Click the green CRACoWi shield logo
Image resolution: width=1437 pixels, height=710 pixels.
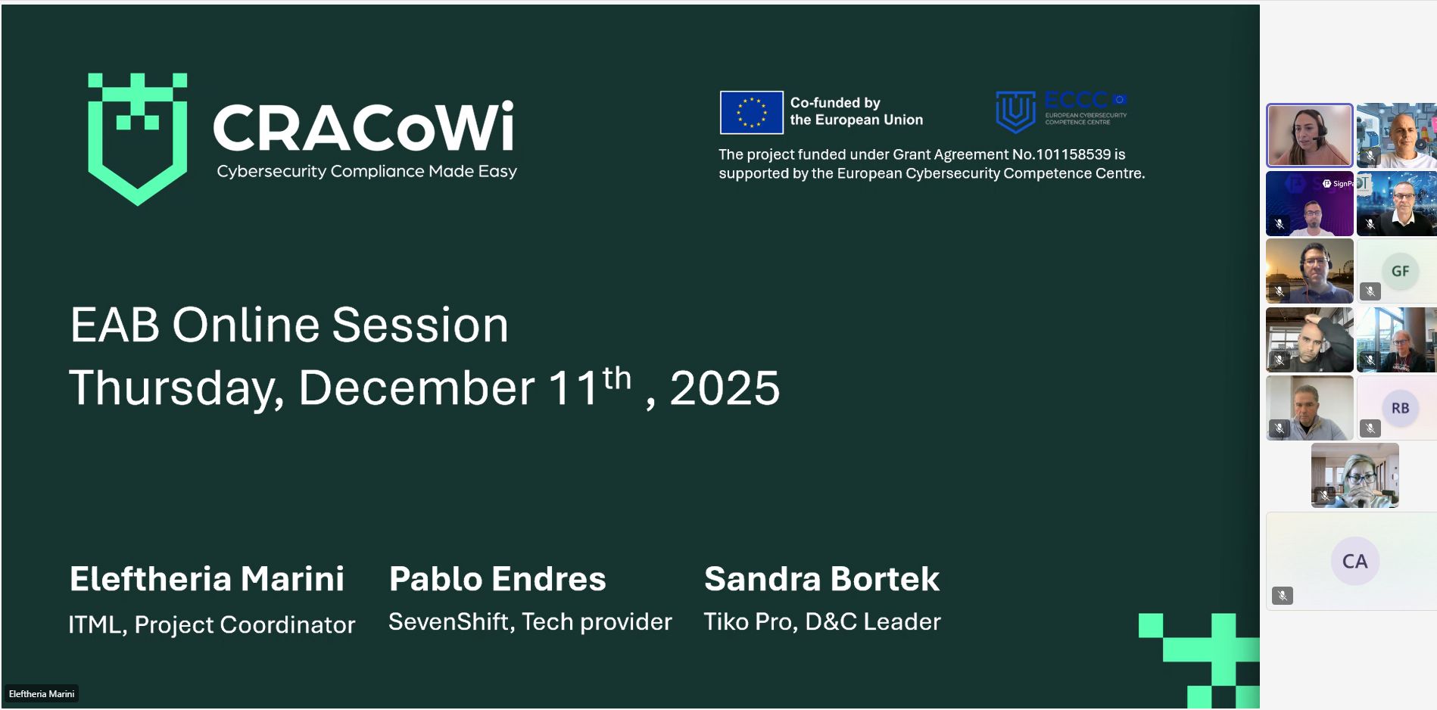(x=137, y=138)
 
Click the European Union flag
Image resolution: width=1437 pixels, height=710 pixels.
(x=751, y=112)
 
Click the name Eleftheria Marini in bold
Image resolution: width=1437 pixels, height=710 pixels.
(x=207, y=579)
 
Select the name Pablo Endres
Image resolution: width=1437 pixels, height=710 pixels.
(x=497, y=579)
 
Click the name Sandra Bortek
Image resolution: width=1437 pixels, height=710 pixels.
(x=821, y=579)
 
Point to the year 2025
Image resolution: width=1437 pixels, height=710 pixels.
(x=725, y=388)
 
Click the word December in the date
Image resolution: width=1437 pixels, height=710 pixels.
(x=416, y=388)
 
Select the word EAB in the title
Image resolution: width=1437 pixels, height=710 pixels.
(x=114, y=325)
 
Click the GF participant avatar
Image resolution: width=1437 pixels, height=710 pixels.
(x=1400, y=271)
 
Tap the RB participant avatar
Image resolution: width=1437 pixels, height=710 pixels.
(x=1400, y=408)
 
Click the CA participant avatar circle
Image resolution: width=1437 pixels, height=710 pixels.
(x=1354, y=561)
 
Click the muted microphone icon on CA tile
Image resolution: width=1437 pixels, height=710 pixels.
(x=1282, y=596)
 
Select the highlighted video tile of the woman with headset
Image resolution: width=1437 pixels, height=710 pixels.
(x=1309, y=135)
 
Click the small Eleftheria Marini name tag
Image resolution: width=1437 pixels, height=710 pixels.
(x=42, y=694)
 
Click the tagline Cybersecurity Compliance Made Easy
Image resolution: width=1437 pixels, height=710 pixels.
(x=366, y=172)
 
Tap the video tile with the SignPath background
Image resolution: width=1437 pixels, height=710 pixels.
(x=1309, y=204)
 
